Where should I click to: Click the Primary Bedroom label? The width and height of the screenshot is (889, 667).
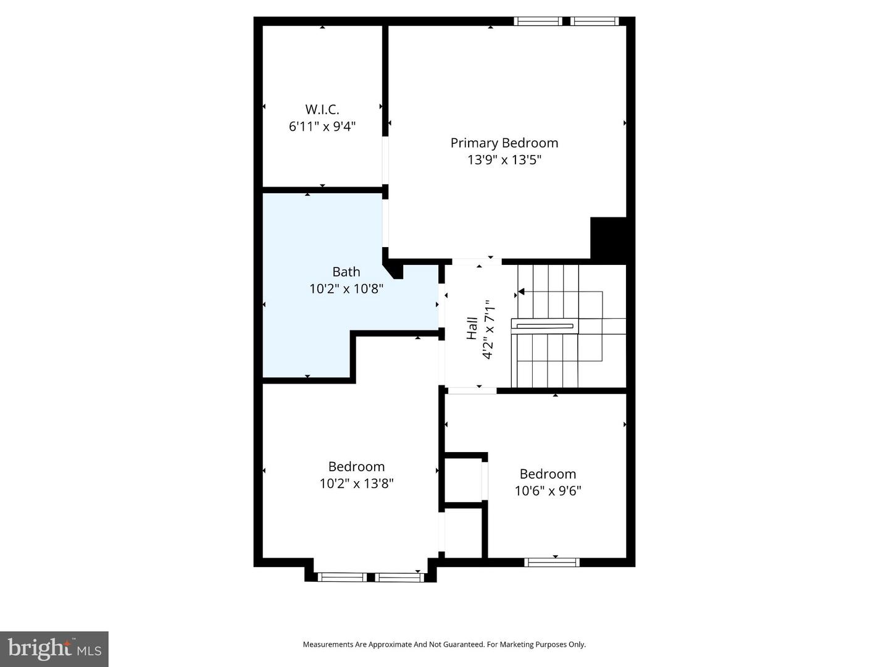504,143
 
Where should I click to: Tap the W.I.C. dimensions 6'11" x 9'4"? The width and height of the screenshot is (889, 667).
322,127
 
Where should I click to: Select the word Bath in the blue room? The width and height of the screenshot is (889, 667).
346,272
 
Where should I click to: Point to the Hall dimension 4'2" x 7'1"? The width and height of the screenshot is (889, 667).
488,329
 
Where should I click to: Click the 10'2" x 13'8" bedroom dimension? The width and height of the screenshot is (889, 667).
356,484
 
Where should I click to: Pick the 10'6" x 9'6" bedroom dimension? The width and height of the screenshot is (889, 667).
548,491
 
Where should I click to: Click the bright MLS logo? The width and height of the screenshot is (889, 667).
54,648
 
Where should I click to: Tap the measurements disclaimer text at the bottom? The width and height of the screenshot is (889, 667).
444,644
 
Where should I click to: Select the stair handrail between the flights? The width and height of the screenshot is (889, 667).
545,326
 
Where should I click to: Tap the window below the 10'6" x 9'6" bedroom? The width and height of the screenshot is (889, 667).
552,562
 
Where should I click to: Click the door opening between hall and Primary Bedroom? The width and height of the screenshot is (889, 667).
477,261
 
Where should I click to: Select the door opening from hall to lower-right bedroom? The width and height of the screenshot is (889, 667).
472,390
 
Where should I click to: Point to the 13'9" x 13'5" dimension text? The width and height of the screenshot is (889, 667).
504,160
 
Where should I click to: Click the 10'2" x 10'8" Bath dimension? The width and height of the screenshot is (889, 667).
346,288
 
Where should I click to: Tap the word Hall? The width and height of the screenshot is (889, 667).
472,328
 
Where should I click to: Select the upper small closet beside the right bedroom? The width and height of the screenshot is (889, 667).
464,480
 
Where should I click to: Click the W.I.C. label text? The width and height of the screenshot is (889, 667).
322,110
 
